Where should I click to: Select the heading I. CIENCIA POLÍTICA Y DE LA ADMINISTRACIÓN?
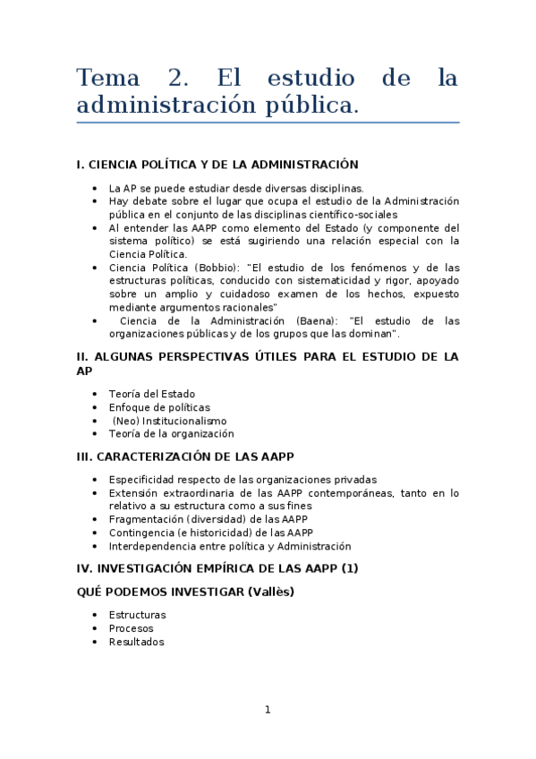[x=217, y=165]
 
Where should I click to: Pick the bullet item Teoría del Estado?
[x=151, y=394]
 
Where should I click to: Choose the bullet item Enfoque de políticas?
[x=159, y=407]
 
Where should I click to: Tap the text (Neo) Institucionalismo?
[x=169, y=421]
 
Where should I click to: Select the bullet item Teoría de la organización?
[x=171, y=433]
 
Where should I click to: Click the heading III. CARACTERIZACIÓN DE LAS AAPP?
[x=186, y=456]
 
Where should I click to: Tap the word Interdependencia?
[x=149, y=546]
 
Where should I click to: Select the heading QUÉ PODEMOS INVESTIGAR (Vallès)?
[x=186, y=592]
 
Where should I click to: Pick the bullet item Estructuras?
[x=137, y=615]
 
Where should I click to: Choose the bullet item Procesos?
[x=131, y=628]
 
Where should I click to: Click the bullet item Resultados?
[x=136, y=642]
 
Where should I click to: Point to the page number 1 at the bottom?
[x=267, y=710]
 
